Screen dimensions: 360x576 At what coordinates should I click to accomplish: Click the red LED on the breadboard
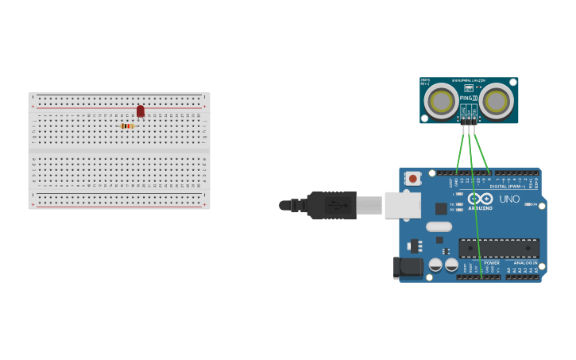[141, 111]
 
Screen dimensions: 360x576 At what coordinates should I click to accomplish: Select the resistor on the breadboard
[127, 126]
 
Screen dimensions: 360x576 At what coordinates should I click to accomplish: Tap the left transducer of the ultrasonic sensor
[440, 100]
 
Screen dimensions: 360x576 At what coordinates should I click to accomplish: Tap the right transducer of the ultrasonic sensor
[496, 100]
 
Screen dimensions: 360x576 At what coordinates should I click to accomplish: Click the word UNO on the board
[509, 199]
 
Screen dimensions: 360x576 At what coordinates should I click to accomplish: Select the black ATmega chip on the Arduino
[498, 248]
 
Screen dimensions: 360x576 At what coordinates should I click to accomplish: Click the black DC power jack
[408, 267]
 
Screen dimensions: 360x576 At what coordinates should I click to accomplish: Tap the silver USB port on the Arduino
[402, 205]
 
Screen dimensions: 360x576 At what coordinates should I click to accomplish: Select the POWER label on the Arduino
[492, 262]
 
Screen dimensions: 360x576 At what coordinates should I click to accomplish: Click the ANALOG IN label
[524, 262]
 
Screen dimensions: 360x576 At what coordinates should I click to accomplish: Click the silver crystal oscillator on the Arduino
[439, 226]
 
